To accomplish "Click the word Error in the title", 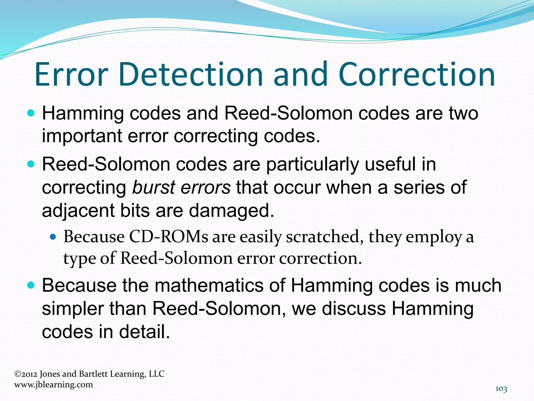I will [x=71, y=74].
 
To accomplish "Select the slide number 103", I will [x=501, y=389].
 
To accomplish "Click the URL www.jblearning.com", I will [x=53, y=385].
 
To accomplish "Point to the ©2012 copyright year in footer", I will [x=26, y=374].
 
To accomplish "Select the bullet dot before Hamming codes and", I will [x=31, y=114].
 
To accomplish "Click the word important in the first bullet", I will [x=82, y=136].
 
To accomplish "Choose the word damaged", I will [x=232, y=211].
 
